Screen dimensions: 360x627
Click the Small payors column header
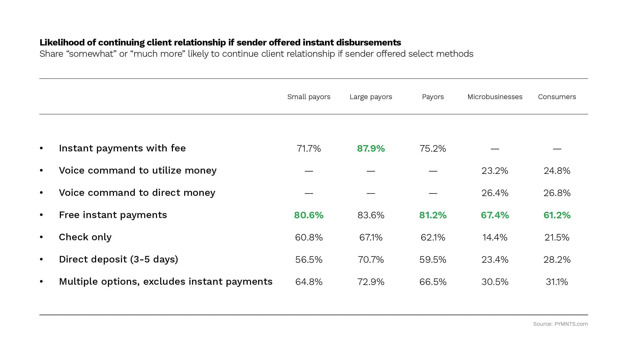coord(309,97)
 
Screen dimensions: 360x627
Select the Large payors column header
coord(371,97)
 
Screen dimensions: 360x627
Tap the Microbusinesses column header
coord(495,97)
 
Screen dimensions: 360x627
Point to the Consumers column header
coord(557,97)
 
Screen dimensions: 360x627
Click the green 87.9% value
coord(371,148)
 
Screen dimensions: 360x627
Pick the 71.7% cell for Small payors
coord(309,148)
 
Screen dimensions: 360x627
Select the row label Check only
coord(85,237)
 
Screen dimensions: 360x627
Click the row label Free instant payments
coord(113,215)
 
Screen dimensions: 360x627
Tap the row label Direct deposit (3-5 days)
coord(118,259)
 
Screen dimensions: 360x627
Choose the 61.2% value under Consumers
coord(557,215)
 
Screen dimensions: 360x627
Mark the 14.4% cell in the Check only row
coord(495,237)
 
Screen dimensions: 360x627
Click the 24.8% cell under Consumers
coord(557,171)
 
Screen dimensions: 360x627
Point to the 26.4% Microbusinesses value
coord(495,193)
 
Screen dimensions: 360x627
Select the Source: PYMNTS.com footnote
coord(560,324)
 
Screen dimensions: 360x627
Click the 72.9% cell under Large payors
coord(371,282)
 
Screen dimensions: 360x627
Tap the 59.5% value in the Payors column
coord(433,260)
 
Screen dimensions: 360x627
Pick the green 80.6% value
coord(309,215)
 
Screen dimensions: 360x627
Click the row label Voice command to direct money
coord(137,193)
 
